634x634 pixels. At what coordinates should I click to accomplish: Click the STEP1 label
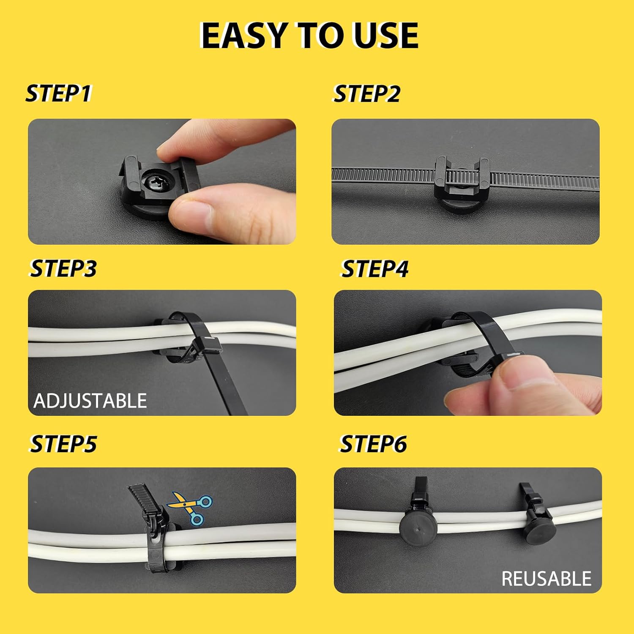(x=58, y=93)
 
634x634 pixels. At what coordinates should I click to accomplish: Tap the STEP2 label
(x=366, y=93)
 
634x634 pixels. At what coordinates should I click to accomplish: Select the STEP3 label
(x=63, y=268)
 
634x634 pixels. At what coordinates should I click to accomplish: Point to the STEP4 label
(x=375, y=268)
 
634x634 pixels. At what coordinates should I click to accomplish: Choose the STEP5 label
(x=63, y=444)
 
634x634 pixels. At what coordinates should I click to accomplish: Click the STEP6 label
(x=373, y=444)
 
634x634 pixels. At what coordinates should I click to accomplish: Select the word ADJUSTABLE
(x=90, y=401)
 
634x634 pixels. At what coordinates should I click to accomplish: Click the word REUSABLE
(x=546, y=579)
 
